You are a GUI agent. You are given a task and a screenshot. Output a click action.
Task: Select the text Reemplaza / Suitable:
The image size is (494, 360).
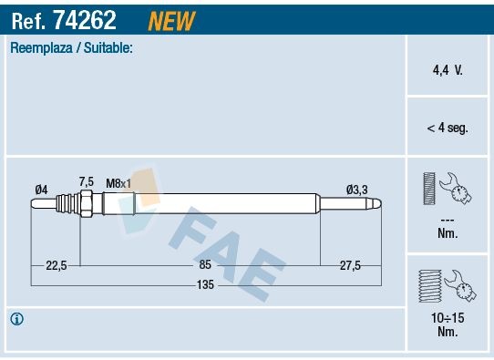[x=71, y=47]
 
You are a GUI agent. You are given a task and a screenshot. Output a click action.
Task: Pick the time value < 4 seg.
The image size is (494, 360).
[x=447, y=128]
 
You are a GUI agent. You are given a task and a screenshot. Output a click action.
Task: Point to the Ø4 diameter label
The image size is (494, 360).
[x=41, y=189]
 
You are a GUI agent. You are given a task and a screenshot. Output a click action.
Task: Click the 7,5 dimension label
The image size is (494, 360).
[x=87, y=181]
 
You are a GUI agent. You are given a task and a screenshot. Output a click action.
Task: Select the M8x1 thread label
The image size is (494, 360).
[x=118, y=183]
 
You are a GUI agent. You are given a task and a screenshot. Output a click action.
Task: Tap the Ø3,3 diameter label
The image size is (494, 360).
[x=356, y=190]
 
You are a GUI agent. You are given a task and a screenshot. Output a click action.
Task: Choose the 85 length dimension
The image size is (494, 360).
[x=205, y=264]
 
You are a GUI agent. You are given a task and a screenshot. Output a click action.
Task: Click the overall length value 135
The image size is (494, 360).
[x=205, y=285]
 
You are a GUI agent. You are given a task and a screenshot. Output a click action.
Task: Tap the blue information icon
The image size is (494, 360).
[x=17, y=319]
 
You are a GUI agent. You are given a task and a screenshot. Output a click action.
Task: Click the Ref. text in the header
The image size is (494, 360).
[x=29, y=18]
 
